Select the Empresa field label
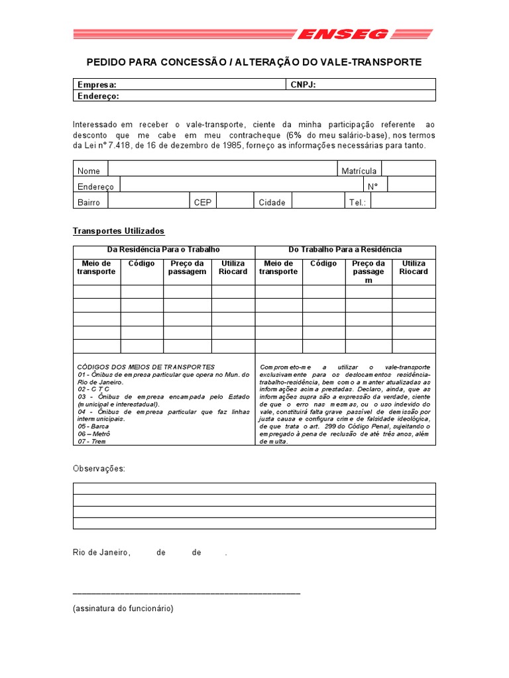point(97,85)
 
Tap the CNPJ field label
point(303,85)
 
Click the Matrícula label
point(359,171)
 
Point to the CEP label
point(202,202)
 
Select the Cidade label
point(272,202)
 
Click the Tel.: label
point(357,202)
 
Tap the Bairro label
point(89,202)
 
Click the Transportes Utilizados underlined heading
point(118,231)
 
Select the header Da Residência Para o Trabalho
point(163,250)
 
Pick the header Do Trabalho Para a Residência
point(345,250)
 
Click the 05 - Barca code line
point(91,427)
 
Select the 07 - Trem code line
point(91,441)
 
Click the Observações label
point(99,469)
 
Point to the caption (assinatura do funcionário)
point(123,608)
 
